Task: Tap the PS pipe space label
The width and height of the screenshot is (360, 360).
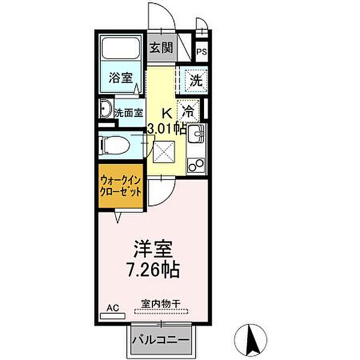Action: pyautogui.click(x=202, y=51)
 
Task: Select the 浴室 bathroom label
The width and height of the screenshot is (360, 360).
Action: pyautogui.click(x=121, y=77)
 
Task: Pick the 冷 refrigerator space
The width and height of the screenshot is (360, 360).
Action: pyautogui.click(x=188, y=110)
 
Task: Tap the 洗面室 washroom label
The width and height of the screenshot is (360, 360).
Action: pyautogui.click(x=128, y=112)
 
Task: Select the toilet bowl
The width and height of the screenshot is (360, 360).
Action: pyautogui.click(x=114, y=144)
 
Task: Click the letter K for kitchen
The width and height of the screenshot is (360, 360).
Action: pyautogui.click(x=168, y=112)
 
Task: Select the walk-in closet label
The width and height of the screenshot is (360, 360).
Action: pyautogui.click(x=121, y=186)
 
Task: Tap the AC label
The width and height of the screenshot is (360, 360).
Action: pyautogui.click(x=113, y=308)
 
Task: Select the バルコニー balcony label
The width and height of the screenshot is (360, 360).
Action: pyautogui.click(x=160, y=340)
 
